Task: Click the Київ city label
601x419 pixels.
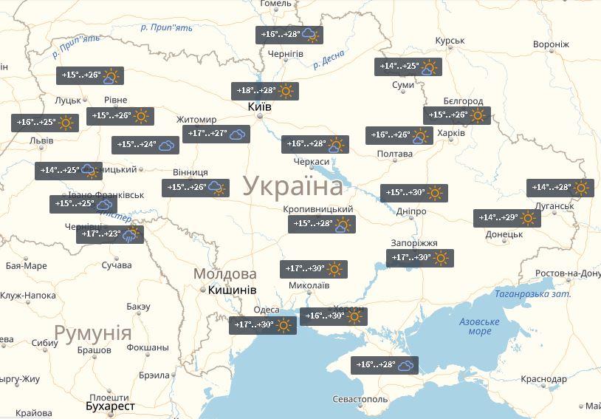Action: click(x=259, y=107)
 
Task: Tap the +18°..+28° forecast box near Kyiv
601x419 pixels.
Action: click(x=264, y=91)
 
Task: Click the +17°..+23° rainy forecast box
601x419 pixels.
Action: click(x=109, y=235)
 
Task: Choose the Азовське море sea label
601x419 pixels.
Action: click(x=479, y=326)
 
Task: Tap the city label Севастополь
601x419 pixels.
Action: click(x=360, y=400)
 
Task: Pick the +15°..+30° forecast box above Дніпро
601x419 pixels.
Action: click(x=414, y=193)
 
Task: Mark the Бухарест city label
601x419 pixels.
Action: click(x=111, y=407)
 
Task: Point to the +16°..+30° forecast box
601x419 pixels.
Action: click(x=333, y=316)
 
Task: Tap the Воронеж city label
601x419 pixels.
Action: click(x=551, y=44)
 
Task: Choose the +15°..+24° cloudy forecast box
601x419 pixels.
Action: click(x=145, y=146)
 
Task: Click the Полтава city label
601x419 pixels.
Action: click(x=394, y=154)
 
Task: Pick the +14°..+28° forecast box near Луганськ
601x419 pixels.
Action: click(x=560, y=188)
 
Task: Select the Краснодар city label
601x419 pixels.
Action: click(x=543, y=379)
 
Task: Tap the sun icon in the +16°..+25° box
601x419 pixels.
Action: click(x=66, y=123)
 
